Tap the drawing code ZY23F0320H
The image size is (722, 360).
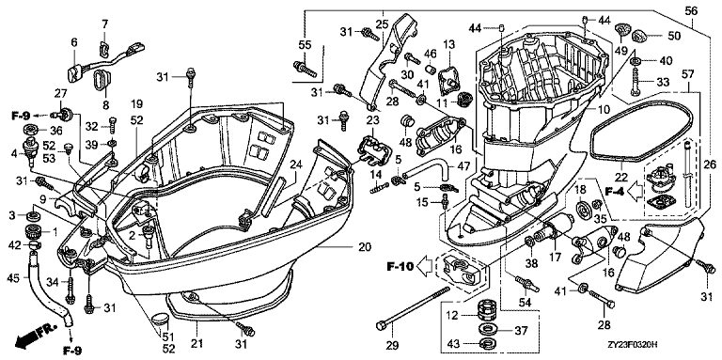point(632,344)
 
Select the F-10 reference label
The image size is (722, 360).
point(400,266)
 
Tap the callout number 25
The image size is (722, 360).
point(383,23)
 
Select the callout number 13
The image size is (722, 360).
point(449,45)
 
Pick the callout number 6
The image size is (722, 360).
point(74,42)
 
